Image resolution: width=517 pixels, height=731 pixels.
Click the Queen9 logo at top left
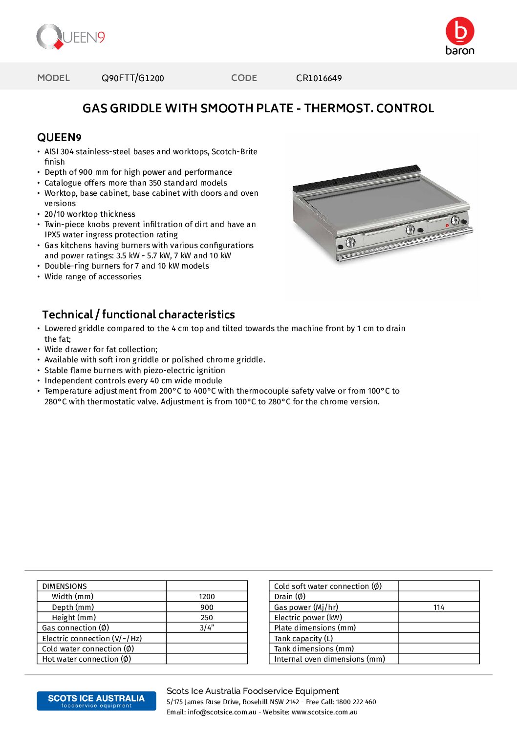point(71,37)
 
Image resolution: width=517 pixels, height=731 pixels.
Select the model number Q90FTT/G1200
point(132,78)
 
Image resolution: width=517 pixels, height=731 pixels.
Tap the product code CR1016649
point(319,78)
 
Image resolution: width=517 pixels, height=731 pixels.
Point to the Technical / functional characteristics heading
point(138,314)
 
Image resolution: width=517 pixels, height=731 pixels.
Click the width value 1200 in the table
point(207,597)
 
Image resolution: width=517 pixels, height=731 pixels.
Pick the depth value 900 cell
point(207,607)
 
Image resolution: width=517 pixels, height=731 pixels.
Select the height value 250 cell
point(207,618)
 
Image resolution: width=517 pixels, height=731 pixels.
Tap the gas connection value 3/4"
point(207,628)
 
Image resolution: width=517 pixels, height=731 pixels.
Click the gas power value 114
point(438,607)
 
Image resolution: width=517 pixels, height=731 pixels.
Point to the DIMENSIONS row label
point(65,586)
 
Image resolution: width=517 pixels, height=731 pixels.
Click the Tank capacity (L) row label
point(303,638)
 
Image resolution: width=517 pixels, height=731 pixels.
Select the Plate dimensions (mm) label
point(315,628)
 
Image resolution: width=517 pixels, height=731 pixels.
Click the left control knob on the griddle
point(350,242)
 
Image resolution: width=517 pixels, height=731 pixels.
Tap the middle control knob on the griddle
point(410,229)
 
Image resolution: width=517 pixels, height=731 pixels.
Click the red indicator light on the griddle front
point(447,225)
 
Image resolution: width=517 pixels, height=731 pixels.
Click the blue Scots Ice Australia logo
point(96,701)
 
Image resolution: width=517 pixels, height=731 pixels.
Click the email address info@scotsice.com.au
point(222,712)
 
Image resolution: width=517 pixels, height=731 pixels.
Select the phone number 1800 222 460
point(356,702)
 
